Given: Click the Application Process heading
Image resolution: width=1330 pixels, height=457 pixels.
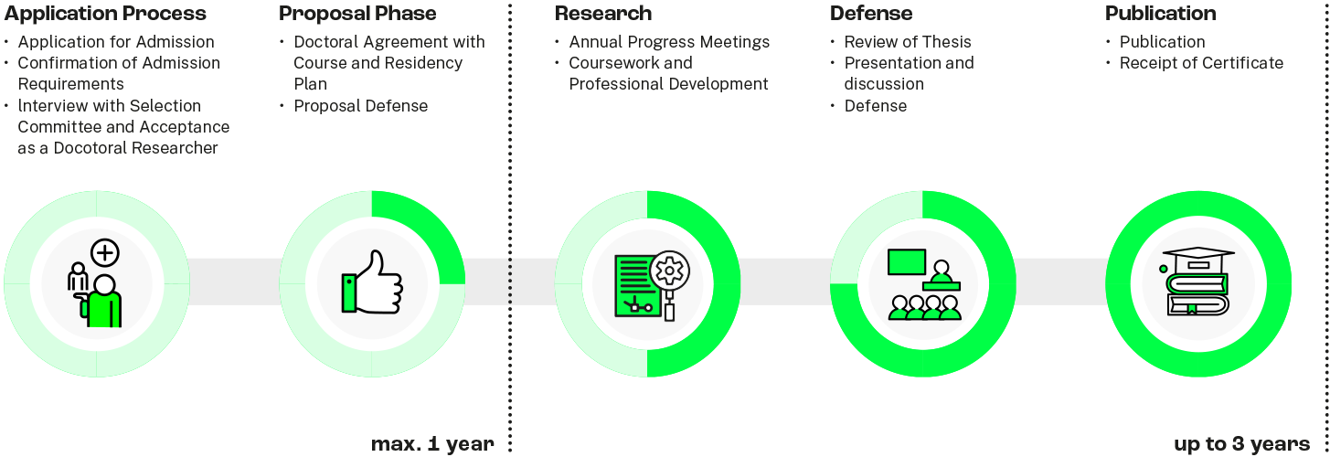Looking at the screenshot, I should point(105,14).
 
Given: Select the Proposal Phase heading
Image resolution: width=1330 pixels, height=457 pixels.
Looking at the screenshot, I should point(357,14).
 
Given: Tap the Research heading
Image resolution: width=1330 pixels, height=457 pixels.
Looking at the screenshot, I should point(603,14).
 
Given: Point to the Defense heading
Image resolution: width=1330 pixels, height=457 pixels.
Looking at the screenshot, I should point(871,14).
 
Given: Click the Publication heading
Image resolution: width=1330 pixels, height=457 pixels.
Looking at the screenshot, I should point(1160,14).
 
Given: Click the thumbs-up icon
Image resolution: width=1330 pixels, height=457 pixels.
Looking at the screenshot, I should point(372,282).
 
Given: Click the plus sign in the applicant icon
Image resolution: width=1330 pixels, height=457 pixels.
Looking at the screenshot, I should point(105,252).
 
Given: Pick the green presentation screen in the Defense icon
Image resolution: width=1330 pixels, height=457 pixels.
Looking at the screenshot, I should point(907,261).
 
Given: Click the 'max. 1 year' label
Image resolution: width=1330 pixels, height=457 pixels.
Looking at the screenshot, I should point(432,444).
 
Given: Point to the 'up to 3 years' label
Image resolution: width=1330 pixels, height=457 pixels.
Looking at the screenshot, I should point(1240,444).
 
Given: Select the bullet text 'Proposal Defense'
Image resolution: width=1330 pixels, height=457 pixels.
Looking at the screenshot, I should point(360,106).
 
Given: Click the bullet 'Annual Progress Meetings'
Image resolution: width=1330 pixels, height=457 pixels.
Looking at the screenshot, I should point(669,42).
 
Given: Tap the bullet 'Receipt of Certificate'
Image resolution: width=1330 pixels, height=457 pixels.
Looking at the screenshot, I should point(1201,63).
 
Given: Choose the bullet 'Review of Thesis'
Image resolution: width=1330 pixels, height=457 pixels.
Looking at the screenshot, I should point(908,42).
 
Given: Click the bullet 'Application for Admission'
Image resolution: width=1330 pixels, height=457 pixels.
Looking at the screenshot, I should point(116,42).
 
